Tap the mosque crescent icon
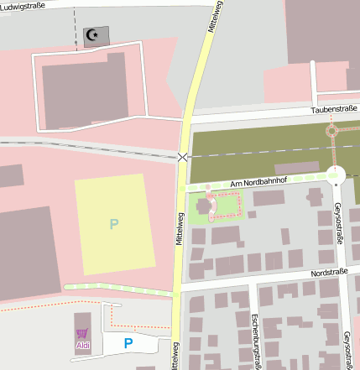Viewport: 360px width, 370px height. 94,35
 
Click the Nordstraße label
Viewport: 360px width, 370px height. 329,274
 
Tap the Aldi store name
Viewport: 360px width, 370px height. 82,345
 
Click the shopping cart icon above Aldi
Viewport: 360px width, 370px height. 82,334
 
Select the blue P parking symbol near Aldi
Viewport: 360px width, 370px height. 128,342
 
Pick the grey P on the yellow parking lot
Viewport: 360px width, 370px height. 114,223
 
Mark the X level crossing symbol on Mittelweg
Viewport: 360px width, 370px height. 183,157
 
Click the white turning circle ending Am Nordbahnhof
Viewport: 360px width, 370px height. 337,175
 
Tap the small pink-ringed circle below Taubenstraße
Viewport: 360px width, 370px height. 331,131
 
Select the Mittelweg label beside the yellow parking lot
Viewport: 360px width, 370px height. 179,228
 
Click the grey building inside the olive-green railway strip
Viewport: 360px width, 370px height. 296,167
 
